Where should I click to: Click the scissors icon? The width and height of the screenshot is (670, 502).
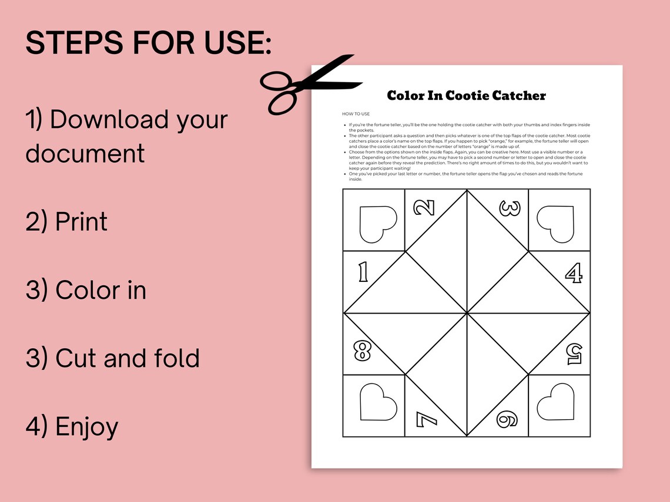309,84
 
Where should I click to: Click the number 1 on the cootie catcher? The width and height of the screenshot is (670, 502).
363,272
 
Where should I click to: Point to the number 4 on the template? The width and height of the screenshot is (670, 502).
573,272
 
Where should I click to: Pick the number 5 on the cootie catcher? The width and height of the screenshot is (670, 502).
573,352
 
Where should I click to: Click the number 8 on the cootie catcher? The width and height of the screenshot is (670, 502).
362,351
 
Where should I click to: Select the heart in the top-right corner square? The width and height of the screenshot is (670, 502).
555,224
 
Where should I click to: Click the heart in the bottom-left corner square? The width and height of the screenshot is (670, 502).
378,401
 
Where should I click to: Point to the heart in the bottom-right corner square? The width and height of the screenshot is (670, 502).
555,402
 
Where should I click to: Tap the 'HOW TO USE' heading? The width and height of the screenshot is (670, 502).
356,113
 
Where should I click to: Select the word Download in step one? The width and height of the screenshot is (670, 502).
101,119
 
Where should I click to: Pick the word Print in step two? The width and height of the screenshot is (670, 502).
81,222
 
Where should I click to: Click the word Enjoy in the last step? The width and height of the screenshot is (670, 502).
86,427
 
